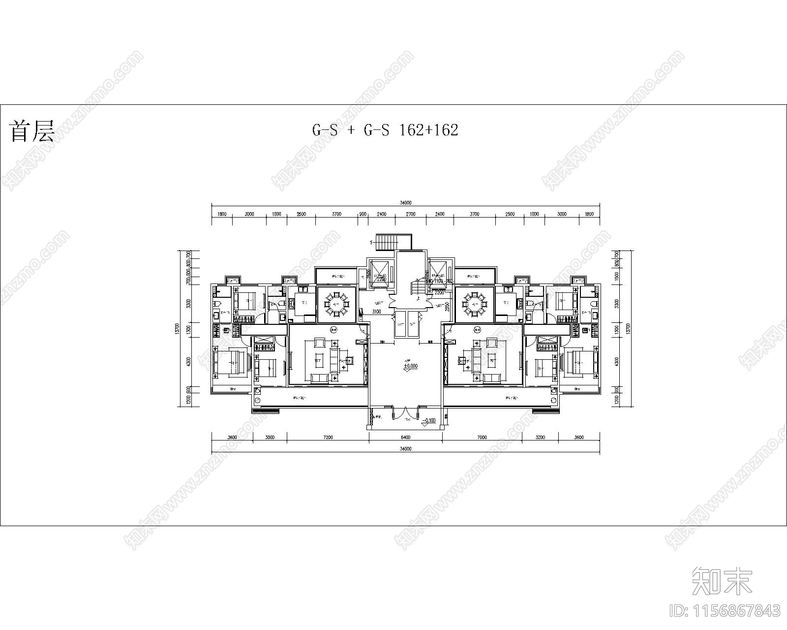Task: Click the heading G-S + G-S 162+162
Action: click(385, 130)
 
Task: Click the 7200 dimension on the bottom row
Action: click(328, 437)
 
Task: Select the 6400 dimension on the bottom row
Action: click(405, 437)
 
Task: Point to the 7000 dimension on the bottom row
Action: click(482, 437)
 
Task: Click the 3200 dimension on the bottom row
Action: click(540, 437)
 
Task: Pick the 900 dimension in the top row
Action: click(363, 214)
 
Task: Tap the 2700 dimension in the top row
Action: click(411, 214)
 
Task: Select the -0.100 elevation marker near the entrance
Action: click(429, 420)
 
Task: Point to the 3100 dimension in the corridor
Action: click(377, 312)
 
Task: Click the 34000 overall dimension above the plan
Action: click(405, 202)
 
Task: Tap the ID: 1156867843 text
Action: click(725, 611)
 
